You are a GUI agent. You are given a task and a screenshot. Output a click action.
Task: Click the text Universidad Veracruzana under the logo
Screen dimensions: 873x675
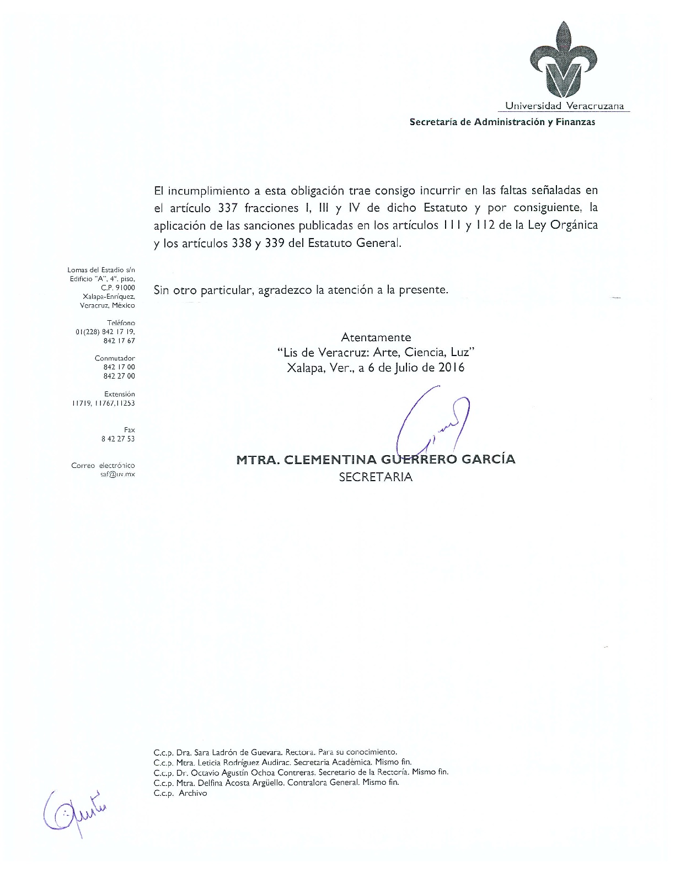click(x=565, y=106)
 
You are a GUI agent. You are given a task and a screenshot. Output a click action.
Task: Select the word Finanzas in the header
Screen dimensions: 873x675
click(x=575, y=122)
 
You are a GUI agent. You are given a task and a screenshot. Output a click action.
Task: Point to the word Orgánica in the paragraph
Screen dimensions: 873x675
click(x=574, y=225)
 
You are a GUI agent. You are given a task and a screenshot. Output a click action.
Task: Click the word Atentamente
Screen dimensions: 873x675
click(x=376, y=337)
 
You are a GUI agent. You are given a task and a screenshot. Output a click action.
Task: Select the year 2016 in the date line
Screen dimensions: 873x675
click(x=451, y=367)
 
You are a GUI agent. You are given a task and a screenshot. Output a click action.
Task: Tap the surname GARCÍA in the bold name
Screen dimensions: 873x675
click(x=488, y=459)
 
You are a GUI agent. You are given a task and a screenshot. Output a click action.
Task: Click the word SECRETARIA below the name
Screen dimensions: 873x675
click(x=376, y=477)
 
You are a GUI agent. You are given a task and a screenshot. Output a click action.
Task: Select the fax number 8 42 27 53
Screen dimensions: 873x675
click(x=118, y=439)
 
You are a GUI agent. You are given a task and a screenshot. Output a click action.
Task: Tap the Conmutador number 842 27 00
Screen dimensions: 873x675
click(x=119, y=376)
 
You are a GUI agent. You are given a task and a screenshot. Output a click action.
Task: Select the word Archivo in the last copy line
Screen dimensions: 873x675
click(x=193, y=793)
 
